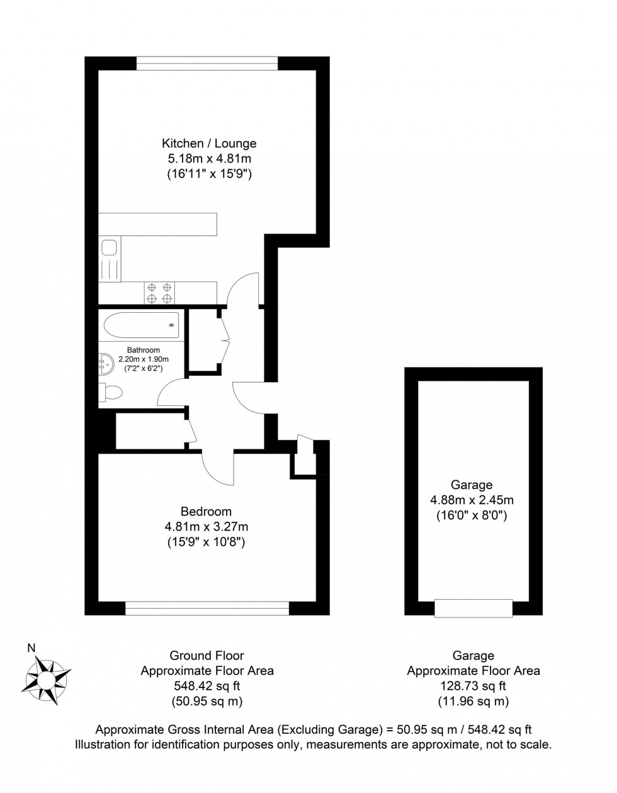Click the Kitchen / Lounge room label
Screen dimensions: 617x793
click(x=209, y=143)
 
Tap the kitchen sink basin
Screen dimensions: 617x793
click(x=110, y=247)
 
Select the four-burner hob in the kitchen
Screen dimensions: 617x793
click(x=159, y=293)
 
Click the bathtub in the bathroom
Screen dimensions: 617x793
click(x=141, y=325)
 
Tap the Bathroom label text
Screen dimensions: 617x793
click(x=144, y=350)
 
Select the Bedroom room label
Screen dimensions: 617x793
click(x=206, y=512)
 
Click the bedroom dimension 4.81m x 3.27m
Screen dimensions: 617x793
click(x=207, y=527)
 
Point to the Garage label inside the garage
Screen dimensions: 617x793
click(x=472, y=485)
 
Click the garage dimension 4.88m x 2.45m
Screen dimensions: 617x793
click(x=472, y=500)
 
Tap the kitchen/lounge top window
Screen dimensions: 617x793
click(x=207, y=63)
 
